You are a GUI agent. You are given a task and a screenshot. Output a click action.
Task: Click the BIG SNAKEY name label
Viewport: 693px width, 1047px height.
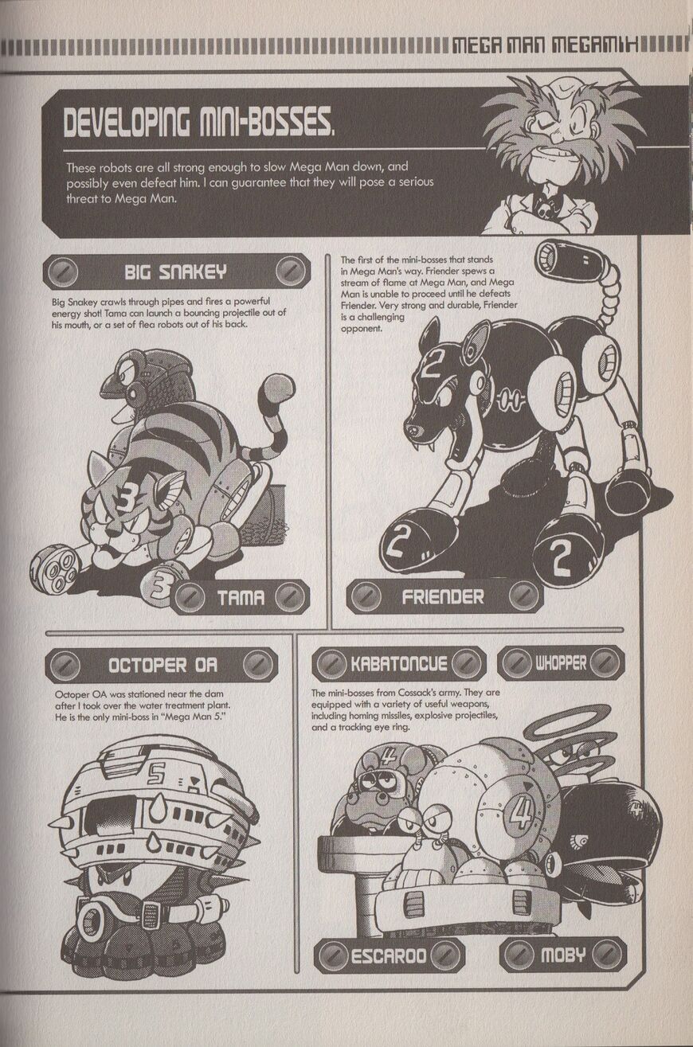(176, 271)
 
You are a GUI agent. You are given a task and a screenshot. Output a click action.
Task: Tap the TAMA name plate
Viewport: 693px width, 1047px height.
(240, 597)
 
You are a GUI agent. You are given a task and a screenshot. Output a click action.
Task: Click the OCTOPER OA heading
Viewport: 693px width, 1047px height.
(162, 665)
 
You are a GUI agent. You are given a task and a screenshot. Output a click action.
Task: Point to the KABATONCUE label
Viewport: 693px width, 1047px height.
(399, 664)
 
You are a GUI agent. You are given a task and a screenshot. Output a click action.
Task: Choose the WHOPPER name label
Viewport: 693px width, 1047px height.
(561, 662)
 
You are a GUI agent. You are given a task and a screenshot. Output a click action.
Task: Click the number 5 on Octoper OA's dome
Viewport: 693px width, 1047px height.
(155, 776)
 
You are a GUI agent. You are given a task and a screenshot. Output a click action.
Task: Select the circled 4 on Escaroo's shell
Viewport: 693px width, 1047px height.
(520, 814)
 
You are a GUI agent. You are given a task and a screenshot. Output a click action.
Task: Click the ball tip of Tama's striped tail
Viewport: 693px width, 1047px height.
(279, 389)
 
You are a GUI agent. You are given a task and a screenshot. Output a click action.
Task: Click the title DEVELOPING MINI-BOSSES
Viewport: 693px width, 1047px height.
(199, 123)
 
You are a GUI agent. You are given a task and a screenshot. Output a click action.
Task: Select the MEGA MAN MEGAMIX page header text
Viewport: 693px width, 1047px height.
(546, 46)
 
